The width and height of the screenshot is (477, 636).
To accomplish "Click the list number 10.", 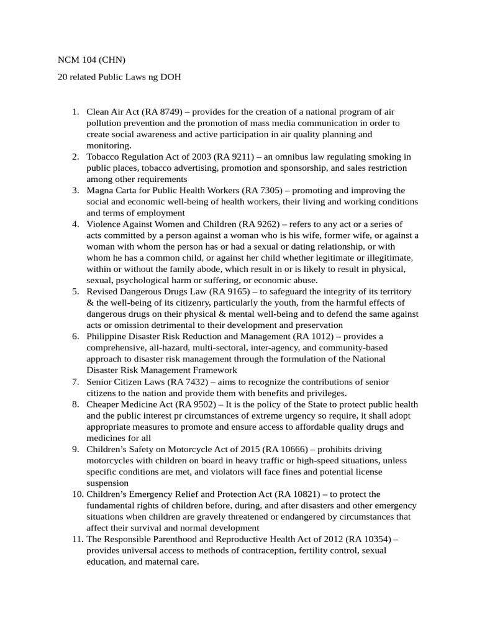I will [76, 494].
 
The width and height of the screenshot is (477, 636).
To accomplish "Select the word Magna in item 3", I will [99, 190].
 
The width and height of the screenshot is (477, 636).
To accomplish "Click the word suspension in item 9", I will [108, 483].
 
